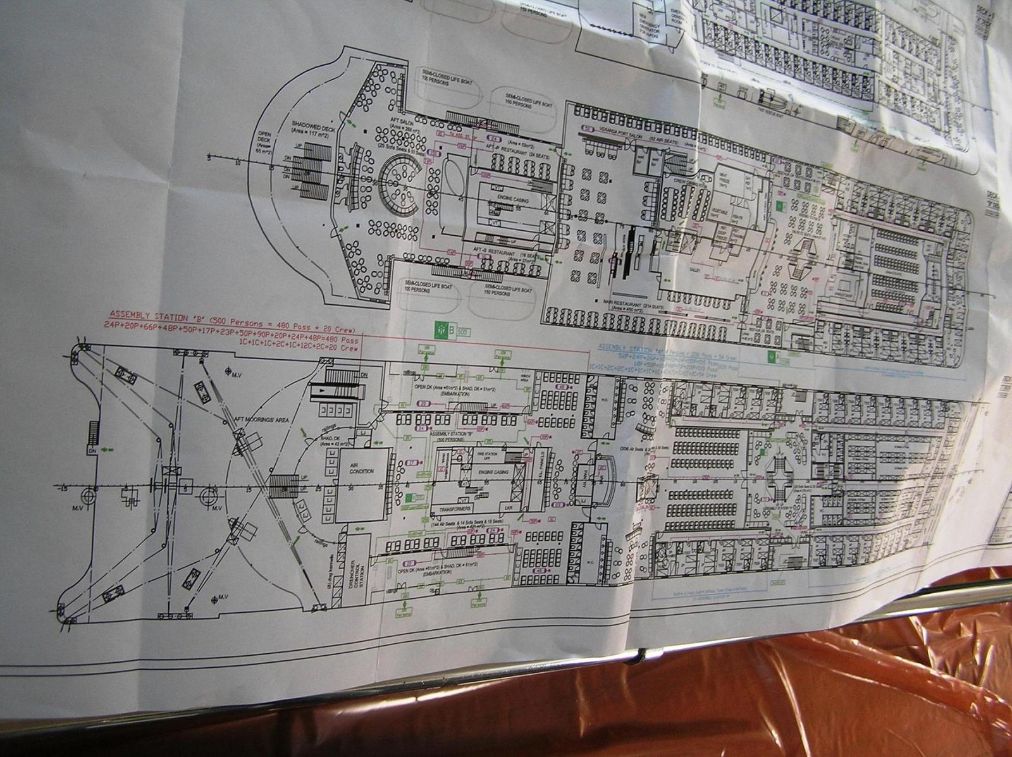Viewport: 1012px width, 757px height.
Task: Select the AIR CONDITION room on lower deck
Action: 361,471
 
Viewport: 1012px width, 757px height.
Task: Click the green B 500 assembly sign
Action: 446,329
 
